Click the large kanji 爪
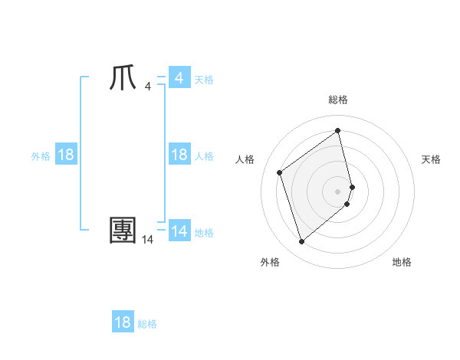click(x=123, y=78)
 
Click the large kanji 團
click(x=123, y=230)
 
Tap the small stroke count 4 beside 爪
click(x=147, y=87)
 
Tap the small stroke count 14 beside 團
click(x=148, y=240)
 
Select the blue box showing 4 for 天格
click(x=179, y=78)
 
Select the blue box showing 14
click(x=179, y=231)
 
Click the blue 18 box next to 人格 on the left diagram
click(x=179, y=155)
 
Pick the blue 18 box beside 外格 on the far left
click(x=66, y=155)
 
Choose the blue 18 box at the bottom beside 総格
click(x=123, y=322)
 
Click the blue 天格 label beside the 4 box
click(x=204, y=79)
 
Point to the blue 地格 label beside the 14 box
click(x=204, y=232)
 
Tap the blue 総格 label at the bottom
click(x=147, y=324)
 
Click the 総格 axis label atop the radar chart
click(x=338, y=100)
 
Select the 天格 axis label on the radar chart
click(x=432, y=159)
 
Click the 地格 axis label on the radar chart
click(x=402, y=262)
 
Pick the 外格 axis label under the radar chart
click(x=270, y=262)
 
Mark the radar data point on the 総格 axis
click(x=338, y=131)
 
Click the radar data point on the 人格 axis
click(x=280, y=172)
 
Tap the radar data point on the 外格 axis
click(x=302, y=242)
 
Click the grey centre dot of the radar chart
click(x=338, y=191)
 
